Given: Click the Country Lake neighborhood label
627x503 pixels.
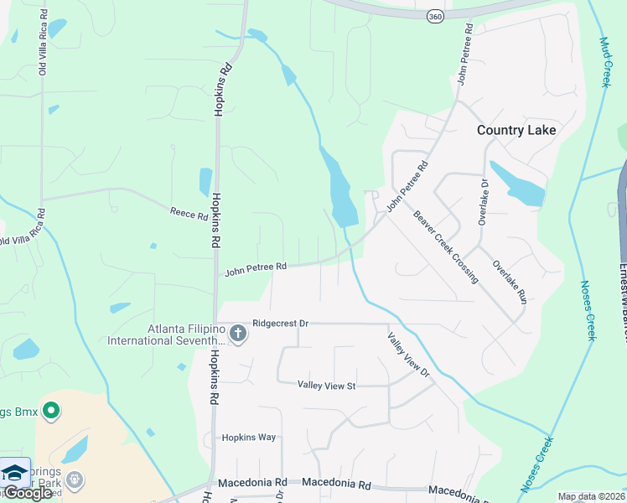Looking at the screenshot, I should pos(516,130).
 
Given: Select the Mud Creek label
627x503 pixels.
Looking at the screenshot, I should pos(605,62).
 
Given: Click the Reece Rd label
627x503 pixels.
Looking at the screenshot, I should pos(188,215).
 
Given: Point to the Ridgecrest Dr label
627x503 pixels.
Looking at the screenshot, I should pos(281,323).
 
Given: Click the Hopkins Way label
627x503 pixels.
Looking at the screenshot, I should pos(248,438).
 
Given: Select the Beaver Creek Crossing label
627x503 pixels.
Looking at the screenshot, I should pos(445,246).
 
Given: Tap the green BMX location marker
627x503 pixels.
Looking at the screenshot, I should pos(51,411).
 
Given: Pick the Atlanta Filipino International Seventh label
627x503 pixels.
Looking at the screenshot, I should pos(173,334).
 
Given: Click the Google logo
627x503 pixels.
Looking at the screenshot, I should pos(27,493).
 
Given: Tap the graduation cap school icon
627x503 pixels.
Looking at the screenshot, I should pos(14,472).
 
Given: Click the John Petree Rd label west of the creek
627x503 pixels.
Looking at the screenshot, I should pos(256,267).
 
